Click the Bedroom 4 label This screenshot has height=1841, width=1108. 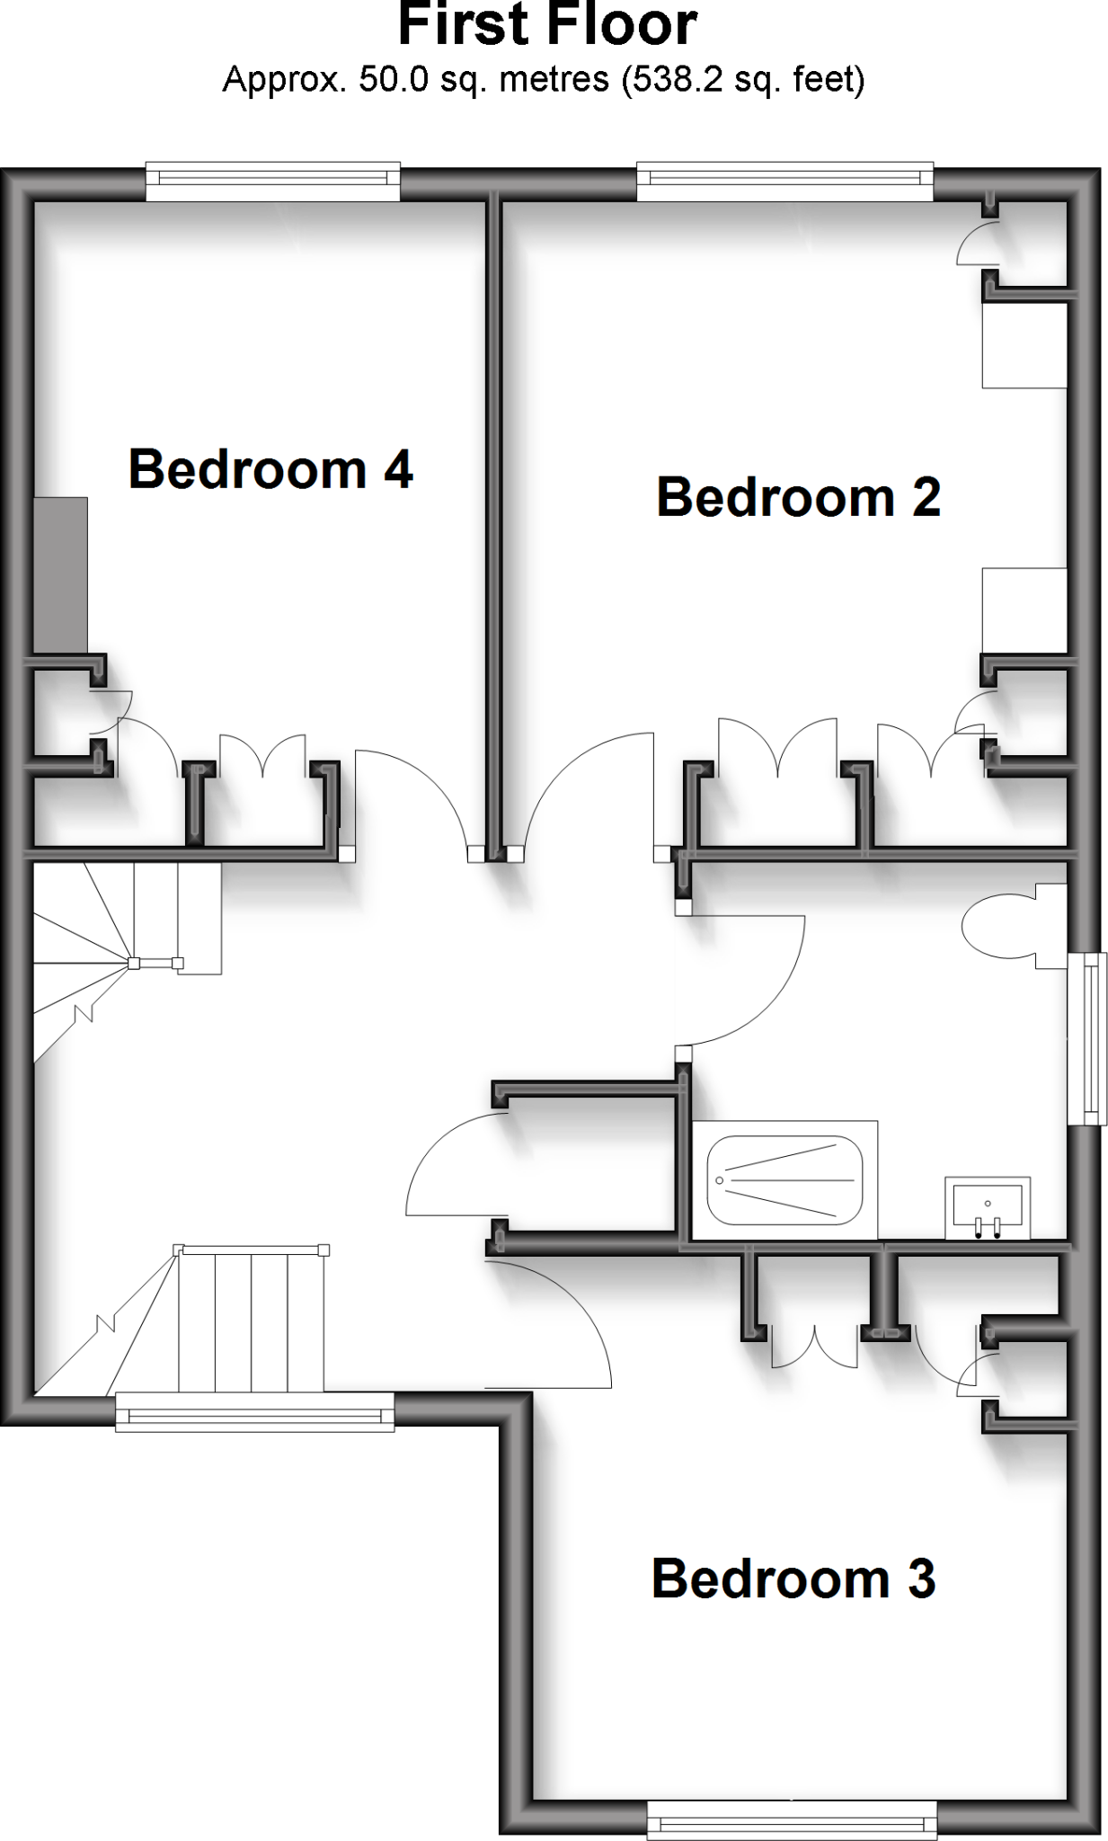pos(270,469)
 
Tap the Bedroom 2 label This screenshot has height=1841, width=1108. pos(798,497)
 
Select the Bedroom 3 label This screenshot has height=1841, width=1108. pos(793,1579)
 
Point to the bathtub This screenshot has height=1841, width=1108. pos(784,1179)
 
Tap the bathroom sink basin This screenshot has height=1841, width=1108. pos(988,1207)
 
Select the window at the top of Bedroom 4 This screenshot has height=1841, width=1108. pos(272,182)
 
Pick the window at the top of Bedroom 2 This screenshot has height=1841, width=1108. pos(785,182)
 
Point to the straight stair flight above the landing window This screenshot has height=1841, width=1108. pos(251,1319)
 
